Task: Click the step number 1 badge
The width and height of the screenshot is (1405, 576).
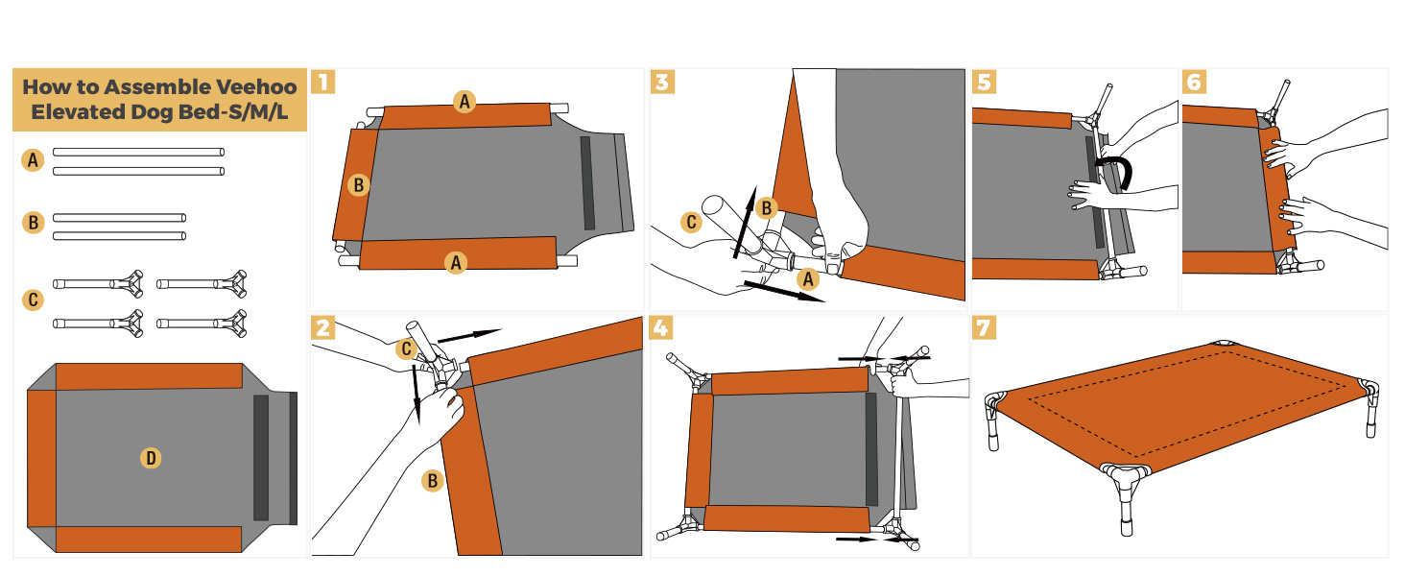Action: (x=323, y=81)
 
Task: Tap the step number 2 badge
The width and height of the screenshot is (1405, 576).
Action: (x=323, y=328)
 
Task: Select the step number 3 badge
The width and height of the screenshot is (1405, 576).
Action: (x=662, y=81)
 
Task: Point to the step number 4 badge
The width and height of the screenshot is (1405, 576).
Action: (x=662, y=328)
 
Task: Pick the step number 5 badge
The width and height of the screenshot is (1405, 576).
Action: (x=984, y=81)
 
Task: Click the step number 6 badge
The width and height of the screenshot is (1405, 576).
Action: (x=1194, y=81)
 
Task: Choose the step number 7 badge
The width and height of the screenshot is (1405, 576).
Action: (x=984, y=328)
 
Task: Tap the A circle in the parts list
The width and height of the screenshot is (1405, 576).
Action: (x=34, y=161)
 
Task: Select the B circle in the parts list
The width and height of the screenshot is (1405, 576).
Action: (x=34, y=223)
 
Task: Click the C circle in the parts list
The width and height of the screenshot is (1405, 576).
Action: (x=34, y=300)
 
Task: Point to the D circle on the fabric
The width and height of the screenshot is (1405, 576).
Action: (x=151, y=458)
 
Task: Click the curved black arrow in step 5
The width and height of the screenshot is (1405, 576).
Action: (x=1121, y=173)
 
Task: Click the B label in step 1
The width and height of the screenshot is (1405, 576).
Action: (x=358, y=185)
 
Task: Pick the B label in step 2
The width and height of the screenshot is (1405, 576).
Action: (x=433, y=480)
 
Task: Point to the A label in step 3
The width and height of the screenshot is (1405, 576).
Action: (x=809, y=279)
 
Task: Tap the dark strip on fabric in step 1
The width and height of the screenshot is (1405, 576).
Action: (x=587, y=182)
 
